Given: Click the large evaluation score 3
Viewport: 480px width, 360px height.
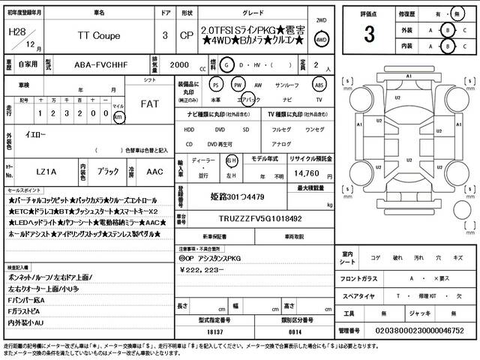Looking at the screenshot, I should (369, 34).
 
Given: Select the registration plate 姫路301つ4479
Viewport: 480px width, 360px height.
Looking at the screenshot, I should (237, 197).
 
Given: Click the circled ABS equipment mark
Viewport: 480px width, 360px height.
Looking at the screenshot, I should (319, 85).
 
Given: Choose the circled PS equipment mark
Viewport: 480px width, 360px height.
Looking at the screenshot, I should (217, 85).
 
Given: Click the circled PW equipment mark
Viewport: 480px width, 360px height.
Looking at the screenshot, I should (238, 85).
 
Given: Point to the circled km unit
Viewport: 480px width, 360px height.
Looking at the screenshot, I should (118, 117).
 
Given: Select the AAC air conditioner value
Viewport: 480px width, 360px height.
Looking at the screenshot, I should (155, 171).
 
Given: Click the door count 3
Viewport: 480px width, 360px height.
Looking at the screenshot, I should (164, 35).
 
